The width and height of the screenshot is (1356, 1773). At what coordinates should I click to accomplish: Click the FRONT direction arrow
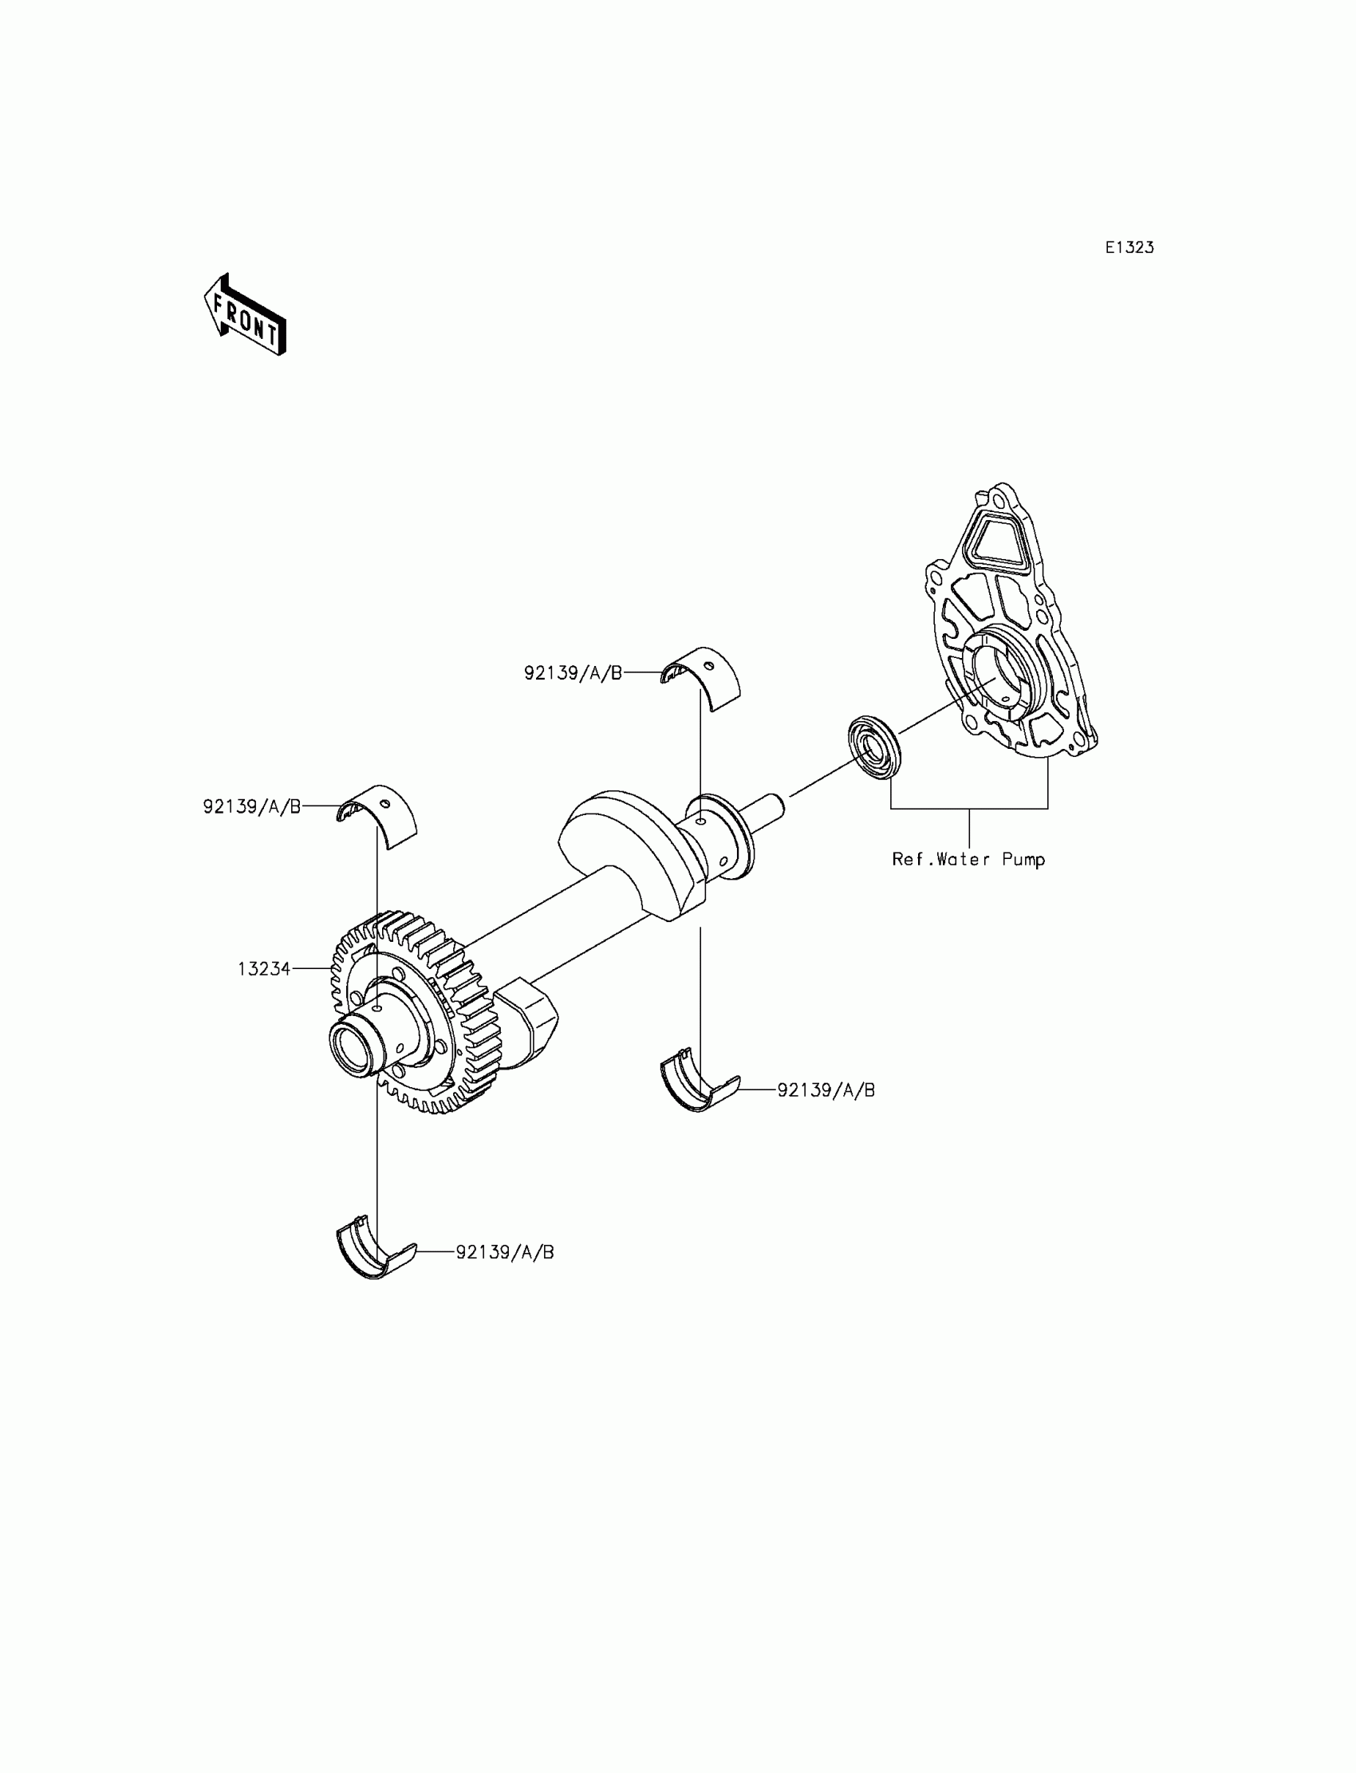(245, 316)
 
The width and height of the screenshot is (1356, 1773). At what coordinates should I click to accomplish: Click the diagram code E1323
(1129, 248)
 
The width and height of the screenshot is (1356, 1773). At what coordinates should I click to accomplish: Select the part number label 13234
(264, 968)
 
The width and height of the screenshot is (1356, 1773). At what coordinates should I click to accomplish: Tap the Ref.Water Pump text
(968, 860)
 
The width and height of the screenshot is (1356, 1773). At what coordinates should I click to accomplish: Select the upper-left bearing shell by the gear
(378, 815)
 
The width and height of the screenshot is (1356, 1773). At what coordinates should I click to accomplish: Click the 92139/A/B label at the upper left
(252, 806)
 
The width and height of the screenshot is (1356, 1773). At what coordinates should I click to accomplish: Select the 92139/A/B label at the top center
(573, 673)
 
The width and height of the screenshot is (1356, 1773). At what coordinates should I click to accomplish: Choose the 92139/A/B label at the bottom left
(505, 1252)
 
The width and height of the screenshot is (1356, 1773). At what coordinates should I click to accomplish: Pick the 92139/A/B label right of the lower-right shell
(826, 1090)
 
